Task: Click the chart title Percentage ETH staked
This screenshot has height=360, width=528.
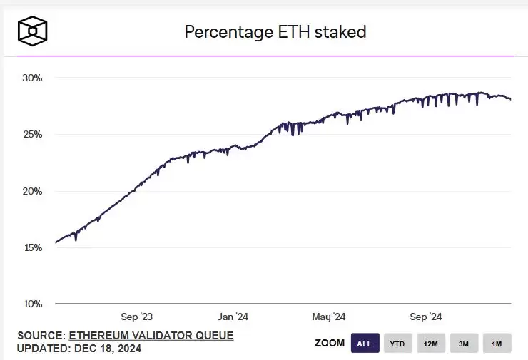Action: [275, 31]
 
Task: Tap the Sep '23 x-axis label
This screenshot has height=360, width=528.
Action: [137, 317]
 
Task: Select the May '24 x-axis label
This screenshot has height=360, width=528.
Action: [329, 317]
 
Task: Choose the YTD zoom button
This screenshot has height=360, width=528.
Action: [397, 344]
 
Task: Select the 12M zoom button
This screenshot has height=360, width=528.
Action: [430, 344]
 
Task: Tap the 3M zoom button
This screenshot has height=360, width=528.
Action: [464, 344]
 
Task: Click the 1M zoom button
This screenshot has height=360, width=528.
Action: [497, 344]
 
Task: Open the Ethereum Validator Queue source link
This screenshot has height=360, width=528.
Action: [151, 335]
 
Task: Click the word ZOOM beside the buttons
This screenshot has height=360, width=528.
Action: [330, 344]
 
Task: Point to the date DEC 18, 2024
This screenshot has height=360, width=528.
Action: [106, 349]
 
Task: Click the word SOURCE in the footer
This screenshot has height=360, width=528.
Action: [41, 335]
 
